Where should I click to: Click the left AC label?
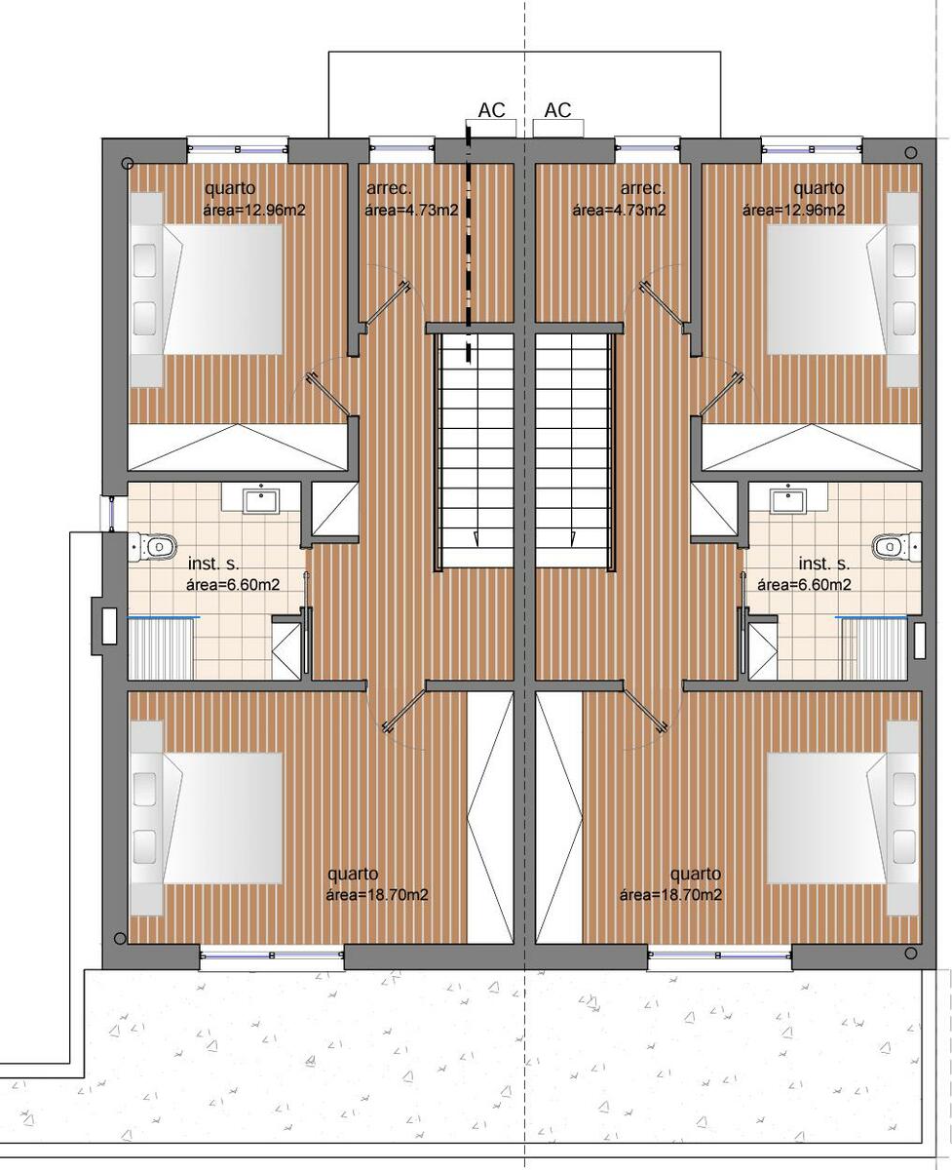[x=491, y=110]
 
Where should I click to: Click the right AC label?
[x=557, y=110]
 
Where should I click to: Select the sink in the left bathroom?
[x=261, y=501]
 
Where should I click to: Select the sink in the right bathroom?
[x=788, y=501]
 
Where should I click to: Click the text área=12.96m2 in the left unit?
[x=254, y=210]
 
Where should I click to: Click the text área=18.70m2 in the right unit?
[x=670, y=895]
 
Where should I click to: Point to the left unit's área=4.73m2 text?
[x=411, y=210]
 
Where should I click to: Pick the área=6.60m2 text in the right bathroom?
[x=804, y=584]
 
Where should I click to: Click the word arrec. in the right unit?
[x=643, y=188]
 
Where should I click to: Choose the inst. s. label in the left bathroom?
[x=213, y=564]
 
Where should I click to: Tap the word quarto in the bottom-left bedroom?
[x=353, y=874]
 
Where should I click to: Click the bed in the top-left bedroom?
[x=207, y=290]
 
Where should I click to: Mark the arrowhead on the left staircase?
[x=476, y=539]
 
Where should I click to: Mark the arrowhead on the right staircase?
[x=572, y=539]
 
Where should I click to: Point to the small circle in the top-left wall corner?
[x=127, y=163]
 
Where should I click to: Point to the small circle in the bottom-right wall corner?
[x=910, y=952]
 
